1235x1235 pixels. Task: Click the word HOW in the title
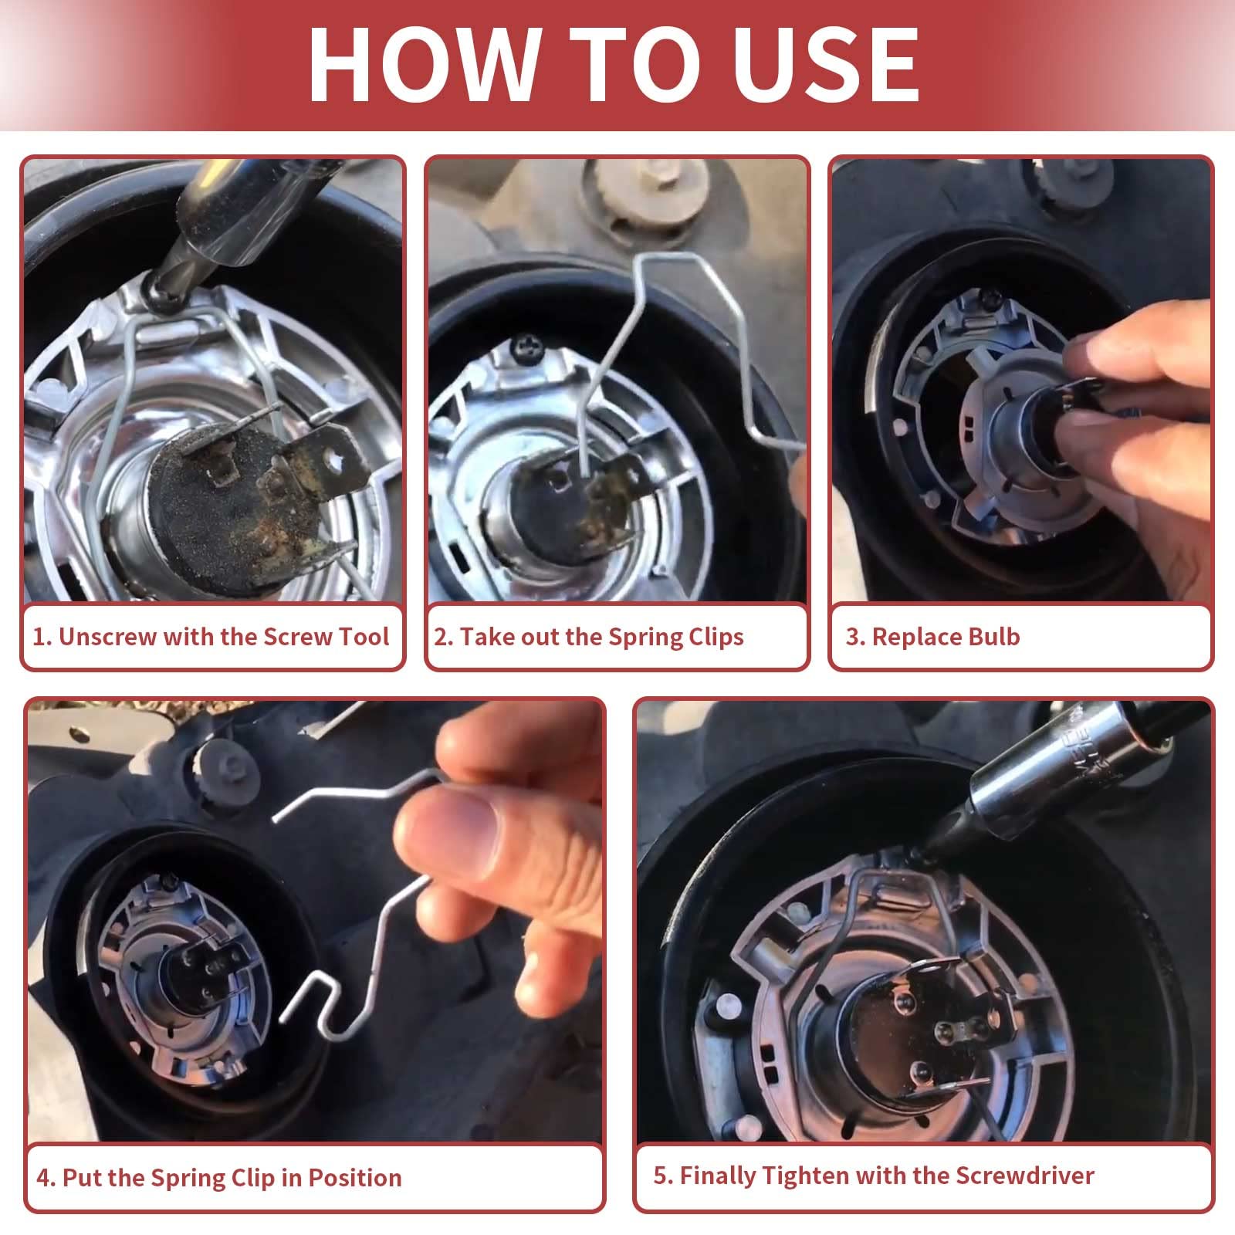[x=421, y=65]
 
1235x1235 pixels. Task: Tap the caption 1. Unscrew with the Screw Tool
[x=211, y=637]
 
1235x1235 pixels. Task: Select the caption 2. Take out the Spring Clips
[x=589, y=637]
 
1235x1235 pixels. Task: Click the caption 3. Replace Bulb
[x=932, y=637]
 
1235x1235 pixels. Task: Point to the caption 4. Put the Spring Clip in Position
[x=219, y=1178]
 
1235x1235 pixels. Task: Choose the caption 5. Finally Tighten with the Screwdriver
[x=874, y=1176]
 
